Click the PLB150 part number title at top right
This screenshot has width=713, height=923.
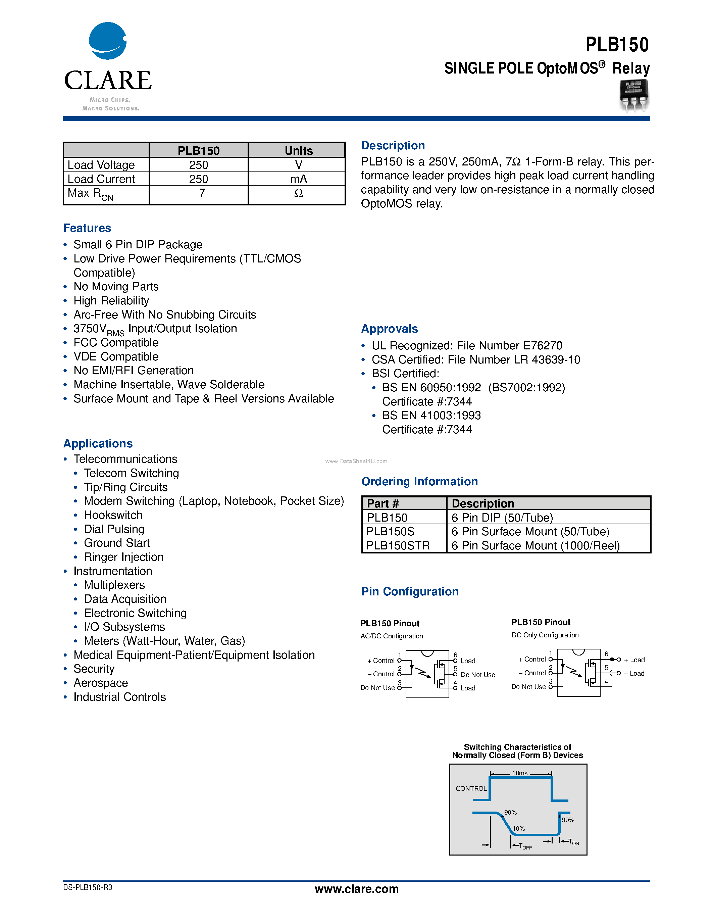(x=617, y=45)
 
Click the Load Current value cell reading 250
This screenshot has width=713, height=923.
(x=199, y=179)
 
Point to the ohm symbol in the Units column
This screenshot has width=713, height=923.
(x=298, y=193)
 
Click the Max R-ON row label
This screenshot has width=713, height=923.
(x=90, y=194)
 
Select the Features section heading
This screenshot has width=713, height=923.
(x=87, y=228)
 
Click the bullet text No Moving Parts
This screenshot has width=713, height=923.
(x=116, y=287)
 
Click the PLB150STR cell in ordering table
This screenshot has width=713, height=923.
(x=398, y=546)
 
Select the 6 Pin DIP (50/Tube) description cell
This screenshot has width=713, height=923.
(x=502, y=518)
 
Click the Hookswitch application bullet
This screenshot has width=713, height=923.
(x=113, y=515)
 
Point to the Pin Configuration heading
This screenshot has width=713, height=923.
(x=409, y=592)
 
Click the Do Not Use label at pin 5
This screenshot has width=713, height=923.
(x=477, y=675)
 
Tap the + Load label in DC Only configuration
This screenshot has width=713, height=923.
(x=634, y=660)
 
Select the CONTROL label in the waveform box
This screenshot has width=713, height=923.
(x=471, y=789)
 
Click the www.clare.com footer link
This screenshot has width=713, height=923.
(x=356, y=889)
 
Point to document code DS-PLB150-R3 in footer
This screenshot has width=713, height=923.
(x=88, y=887)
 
